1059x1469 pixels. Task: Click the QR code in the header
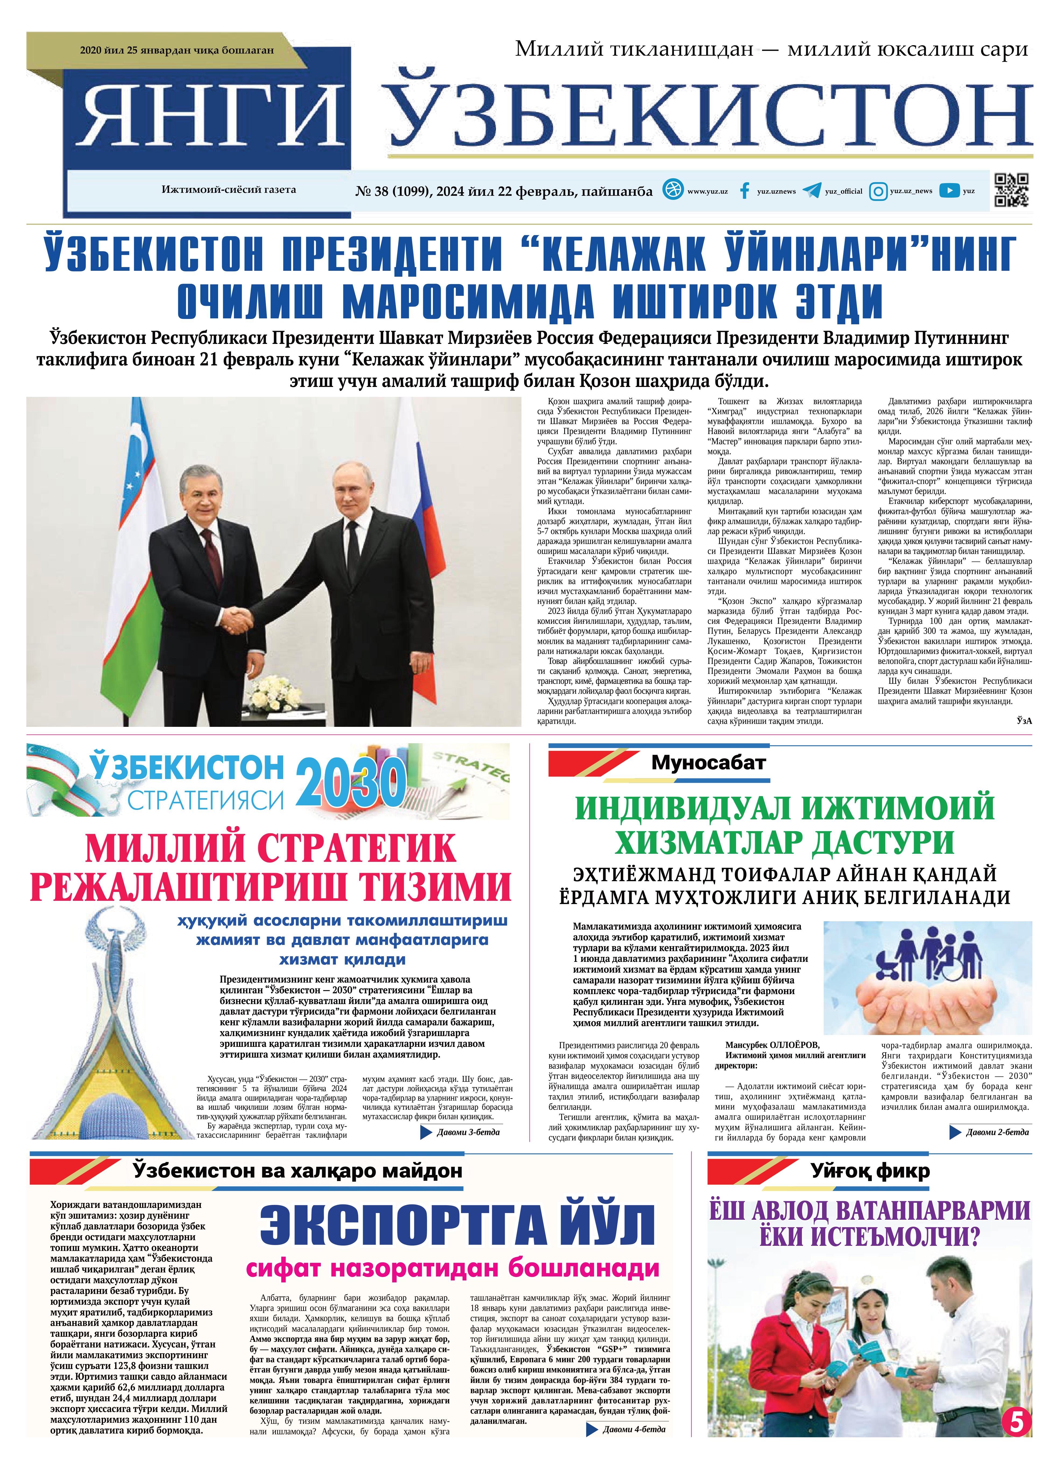1011,190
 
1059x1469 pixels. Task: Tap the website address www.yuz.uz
707,191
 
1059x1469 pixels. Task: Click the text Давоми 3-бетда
468,1132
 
